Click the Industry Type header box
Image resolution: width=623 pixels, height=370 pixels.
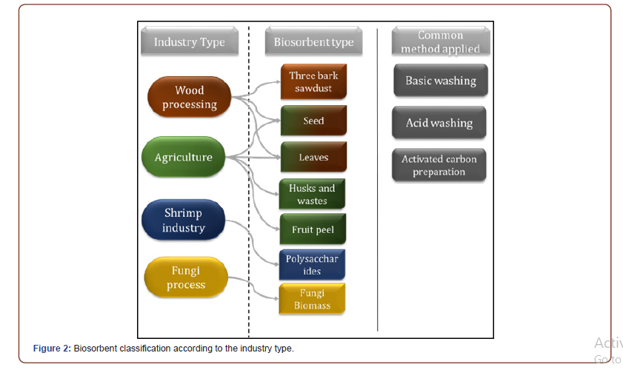click(x=189, y=42)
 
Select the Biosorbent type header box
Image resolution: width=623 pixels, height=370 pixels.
click(x=313, y=42)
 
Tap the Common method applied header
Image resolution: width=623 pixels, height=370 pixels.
click(x=439, y=42)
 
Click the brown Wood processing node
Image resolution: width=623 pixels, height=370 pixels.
click(x=190, y=98)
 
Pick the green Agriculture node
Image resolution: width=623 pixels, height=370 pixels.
click(x=184, y=157)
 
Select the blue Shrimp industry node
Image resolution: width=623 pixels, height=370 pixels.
click(x=183, y=221)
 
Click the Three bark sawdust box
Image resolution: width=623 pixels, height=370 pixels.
click(x=313, y=81)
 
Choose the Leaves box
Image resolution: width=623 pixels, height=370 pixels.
click(x=313, y=158)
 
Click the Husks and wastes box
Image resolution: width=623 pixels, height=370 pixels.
click(x=312, y=195)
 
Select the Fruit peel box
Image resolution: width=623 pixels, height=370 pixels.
click(x=313, y=230)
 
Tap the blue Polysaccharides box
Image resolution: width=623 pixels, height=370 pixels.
click(x=312, y=265)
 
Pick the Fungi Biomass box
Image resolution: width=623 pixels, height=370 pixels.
click(x=312, y=299)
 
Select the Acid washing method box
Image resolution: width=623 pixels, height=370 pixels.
click(x=439, y=123)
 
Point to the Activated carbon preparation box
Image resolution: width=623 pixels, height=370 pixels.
click(x=439, y=166)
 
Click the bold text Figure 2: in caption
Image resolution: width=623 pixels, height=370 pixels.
click(x=52, y=349)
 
